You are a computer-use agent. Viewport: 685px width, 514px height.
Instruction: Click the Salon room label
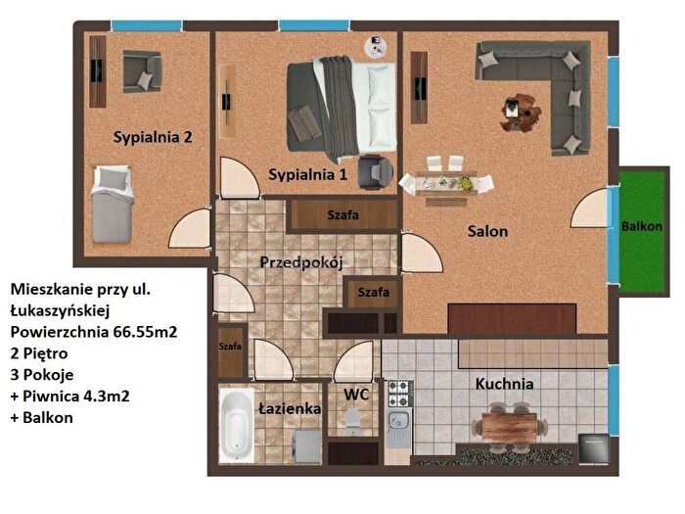tap(487, 231)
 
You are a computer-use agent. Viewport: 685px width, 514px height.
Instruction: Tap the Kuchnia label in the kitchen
tap(504, 384)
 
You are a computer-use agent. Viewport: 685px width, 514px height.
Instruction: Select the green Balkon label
tap(642, 226)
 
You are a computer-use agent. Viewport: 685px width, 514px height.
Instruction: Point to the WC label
tap(356, 395)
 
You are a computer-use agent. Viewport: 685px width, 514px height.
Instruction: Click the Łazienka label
tap(290, 408)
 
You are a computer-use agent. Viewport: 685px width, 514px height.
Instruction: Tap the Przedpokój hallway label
tap(301, 262)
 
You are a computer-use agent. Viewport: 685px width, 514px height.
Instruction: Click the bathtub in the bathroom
tap(236, 424)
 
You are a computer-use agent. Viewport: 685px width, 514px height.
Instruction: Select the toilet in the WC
tap(352, 421)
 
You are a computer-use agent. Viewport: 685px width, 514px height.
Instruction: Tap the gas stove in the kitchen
tap(399, 394)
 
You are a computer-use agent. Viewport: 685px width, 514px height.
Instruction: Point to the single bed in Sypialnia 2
tap(112, 205)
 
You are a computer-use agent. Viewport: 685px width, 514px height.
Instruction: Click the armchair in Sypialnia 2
tap(142, 71)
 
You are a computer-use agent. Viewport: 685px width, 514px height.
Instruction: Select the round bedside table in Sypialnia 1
tap(376, 47)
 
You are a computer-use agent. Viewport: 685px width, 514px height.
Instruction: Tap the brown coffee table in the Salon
tap(521, 113)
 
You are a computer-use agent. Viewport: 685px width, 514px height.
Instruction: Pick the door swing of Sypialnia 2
tap(190, 228)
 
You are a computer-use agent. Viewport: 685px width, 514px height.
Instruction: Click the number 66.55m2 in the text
tap(146, 332)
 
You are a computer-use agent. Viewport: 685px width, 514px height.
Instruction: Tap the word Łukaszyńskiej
tap(60, 310)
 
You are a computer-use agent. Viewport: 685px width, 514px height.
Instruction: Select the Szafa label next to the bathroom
tap(230, 347)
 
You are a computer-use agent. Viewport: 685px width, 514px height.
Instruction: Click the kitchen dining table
tap(510, 427)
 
